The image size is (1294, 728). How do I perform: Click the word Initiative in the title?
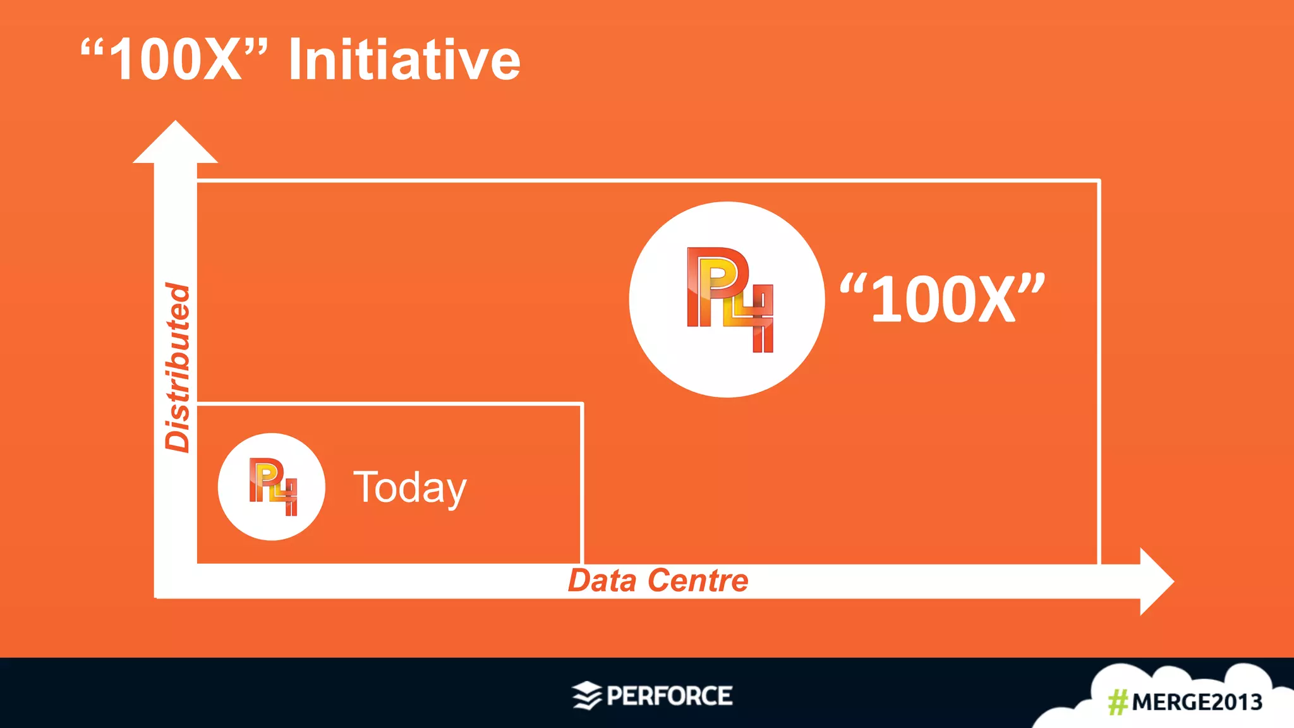click(x=404, y=60)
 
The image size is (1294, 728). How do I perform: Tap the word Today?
click(x=409, y=487)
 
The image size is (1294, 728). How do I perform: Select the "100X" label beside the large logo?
click(x=942, y=298)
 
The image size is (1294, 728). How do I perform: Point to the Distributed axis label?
click(x=178, y=368)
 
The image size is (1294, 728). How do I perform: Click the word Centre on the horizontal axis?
click(x=698, y=580)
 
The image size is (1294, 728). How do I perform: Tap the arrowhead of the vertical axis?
click(x=175, y=143)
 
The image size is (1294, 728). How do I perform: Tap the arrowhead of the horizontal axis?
click(x=1156, y=581)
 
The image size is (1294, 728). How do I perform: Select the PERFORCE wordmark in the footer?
click(x=669, y=696)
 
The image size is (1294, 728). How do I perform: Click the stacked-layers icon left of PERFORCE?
click(x=586, y=696)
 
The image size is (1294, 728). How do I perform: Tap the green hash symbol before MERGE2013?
click(x=1118, y=702)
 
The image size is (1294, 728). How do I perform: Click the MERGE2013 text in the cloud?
click(x=1197, y=702)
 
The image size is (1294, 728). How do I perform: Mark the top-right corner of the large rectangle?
click(x=1099, y=181)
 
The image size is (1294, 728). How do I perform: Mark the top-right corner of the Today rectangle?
click(x=581, y=404)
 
